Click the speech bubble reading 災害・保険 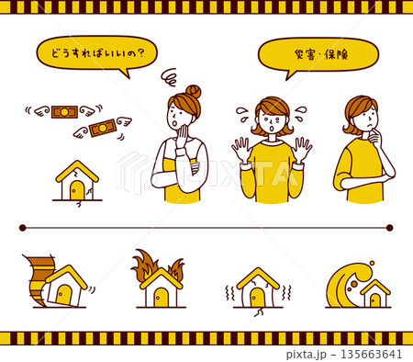(318, 53)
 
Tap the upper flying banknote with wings (63, 112)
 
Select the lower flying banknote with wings (101, 128)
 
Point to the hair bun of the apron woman (193, 92)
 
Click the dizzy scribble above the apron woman (169, 76)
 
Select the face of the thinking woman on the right (364, 118)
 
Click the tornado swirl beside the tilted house (34, 277)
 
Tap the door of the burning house (162, 297)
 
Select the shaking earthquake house (258, 288)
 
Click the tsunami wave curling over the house (348, 281)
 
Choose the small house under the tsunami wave (374, 295)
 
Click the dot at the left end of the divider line (22, 227)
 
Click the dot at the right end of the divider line (390, 227)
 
